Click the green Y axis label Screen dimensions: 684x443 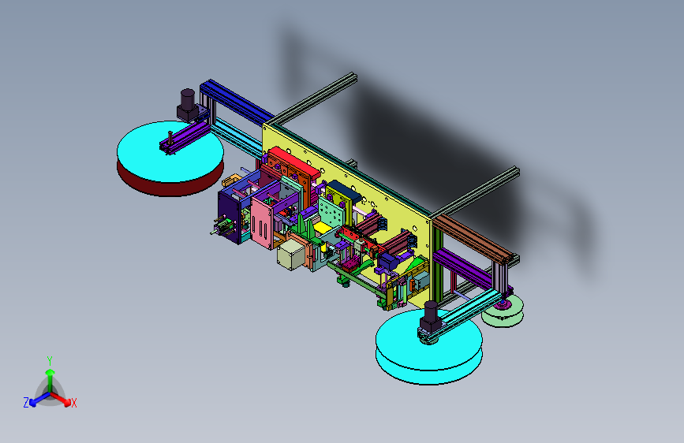50,361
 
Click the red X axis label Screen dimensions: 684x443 73,404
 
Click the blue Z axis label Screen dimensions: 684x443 26,403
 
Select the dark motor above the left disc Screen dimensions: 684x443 188,105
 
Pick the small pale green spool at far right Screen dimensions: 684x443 503,311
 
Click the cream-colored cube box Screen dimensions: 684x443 291,255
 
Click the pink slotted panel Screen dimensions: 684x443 262,223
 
